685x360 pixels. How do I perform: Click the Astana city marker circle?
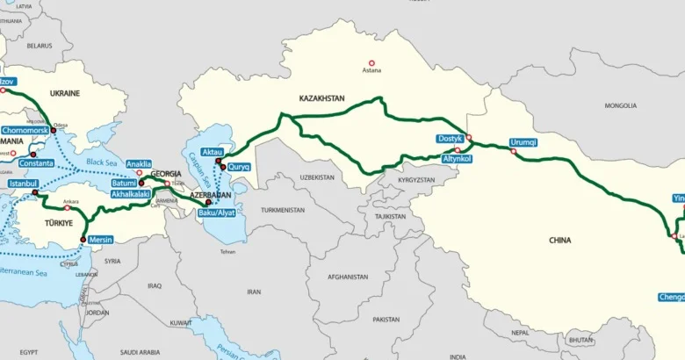pos(371,62)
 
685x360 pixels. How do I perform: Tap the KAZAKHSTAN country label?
pos(321,97)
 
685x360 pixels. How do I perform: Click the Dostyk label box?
pos(450,139)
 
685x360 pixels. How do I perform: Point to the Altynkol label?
pos(458,159)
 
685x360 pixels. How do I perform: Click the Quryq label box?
pos(240,167)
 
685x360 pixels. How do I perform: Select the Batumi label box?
pos(125,183)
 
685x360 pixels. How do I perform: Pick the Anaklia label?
pos(139,163)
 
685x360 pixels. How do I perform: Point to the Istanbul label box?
pos(23,184)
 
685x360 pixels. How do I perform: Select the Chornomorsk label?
pos(25,130)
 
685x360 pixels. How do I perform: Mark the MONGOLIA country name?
pos(620,105)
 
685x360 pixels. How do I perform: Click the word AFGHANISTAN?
pos(348,277)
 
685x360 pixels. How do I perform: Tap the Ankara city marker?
pos(67,208)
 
